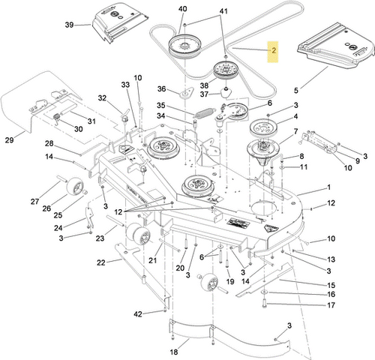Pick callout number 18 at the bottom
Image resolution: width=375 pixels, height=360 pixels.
[174, 351]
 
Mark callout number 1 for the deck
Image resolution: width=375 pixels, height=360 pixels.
[328, 187]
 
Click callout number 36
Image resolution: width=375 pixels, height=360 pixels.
[160, 90]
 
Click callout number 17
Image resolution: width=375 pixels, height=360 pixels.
[329, 304]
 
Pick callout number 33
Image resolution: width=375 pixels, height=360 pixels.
[125, 85]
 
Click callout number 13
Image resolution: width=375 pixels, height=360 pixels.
[330, 258]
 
